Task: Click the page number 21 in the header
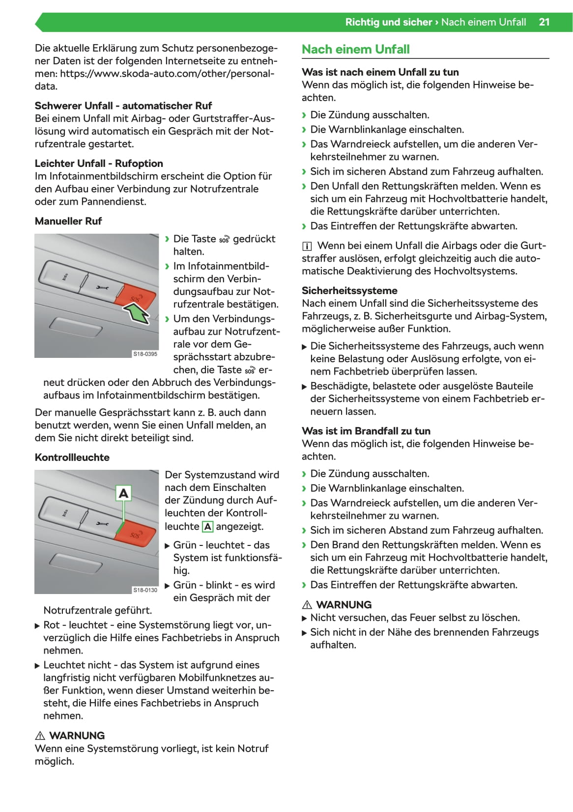click(544, 22)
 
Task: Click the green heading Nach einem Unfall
click(355, 50)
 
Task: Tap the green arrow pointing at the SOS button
click(139, 313)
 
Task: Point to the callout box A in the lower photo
click(123, 493)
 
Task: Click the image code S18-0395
click(145, 353)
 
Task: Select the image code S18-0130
click(145, 590)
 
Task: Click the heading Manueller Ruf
click(68, 221)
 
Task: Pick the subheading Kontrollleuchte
click(72, 457)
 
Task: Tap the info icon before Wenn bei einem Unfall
click(307, 246)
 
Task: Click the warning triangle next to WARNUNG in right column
click(307, 605)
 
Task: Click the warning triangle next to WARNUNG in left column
click(40, 735)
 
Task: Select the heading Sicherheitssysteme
click(349, 291)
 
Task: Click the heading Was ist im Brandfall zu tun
click(366, 431)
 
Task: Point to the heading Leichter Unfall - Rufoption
click(98, 163)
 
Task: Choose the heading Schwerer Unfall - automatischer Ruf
click(123, 106)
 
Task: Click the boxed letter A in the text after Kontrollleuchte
click(208, 527)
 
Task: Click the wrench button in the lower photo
click(102, 524)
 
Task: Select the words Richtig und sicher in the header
click(388, 22)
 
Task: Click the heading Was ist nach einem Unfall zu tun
click(380, 72)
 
